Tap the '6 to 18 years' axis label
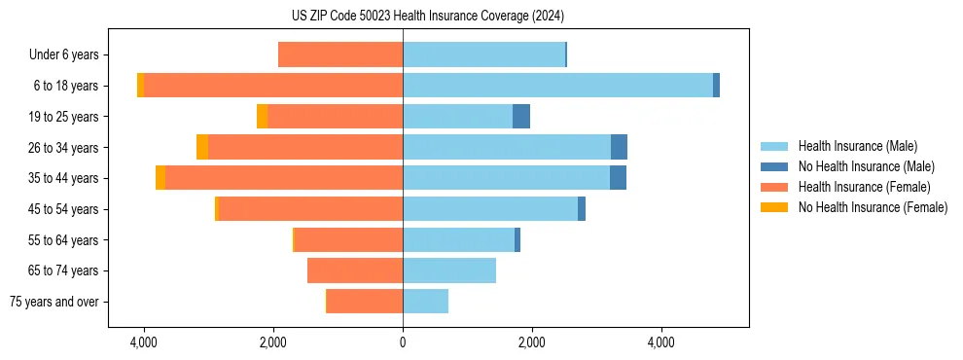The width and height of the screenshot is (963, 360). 66,86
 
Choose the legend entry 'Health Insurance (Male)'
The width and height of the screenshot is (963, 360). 857,146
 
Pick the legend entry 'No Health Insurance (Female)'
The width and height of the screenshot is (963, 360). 873,207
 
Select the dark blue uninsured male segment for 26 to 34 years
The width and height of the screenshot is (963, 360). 619,147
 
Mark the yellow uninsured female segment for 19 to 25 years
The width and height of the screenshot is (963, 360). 263,117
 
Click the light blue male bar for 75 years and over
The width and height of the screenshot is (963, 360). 425,302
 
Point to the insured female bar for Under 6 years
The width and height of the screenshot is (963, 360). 340,55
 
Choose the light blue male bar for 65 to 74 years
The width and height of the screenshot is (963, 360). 449,270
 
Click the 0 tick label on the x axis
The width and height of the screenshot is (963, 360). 403,343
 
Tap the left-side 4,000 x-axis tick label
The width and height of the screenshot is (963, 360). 144,343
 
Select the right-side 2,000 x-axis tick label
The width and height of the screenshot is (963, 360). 531,343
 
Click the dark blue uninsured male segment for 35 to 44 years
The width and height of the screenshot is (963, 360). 618,178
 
